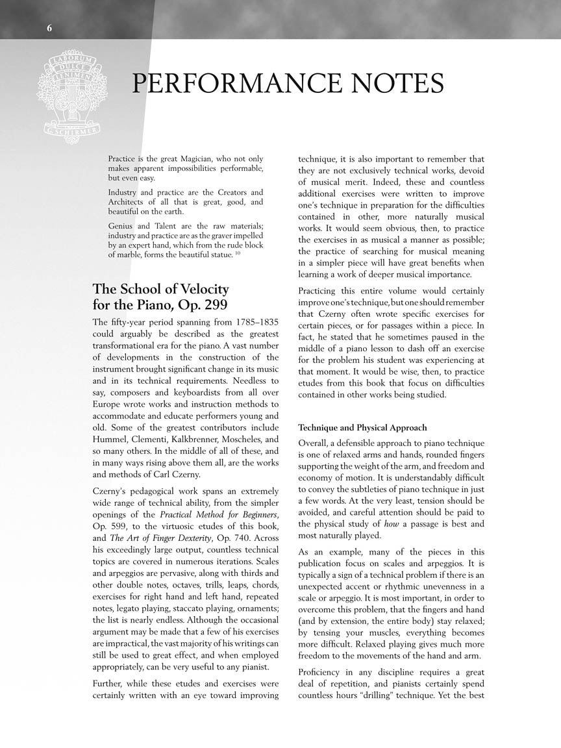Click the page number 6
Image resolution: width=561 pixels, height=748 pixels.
point(49,27)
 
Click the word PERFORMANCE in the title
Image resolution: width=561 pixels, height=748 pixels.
point(236,84)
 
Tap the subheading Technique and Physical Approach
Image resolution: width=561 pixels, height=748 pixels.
point(362,427)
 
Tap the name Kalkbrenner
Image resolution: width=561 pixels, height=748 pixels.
point(189,439)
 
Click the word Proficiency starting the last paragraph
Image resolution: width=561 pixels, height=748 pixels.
point(322,672)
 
